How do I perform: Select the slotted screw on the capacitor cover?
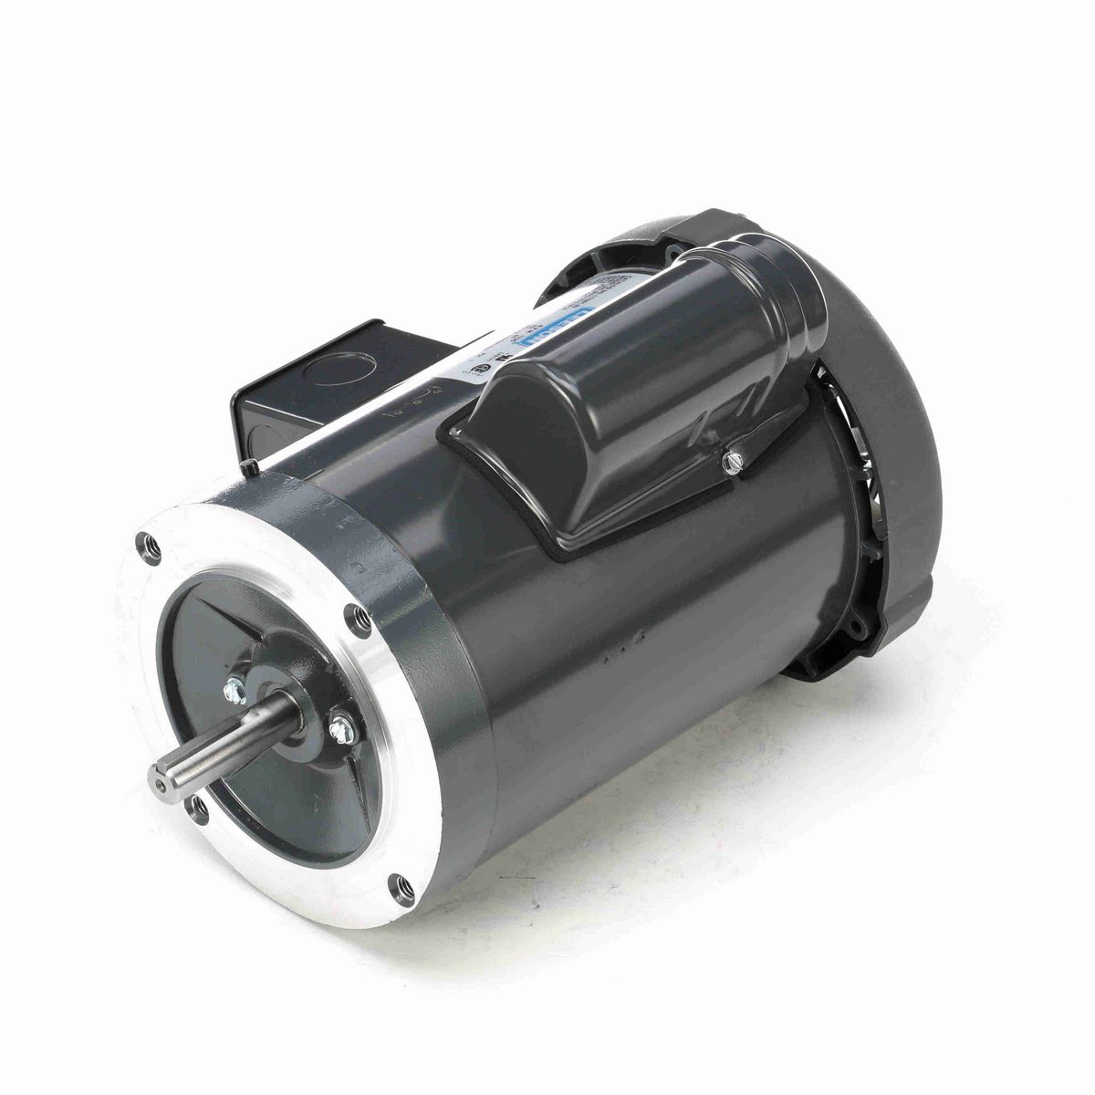click(x=728, y=465)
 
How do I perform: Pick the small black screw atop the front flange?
click(x=248, y=467)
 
